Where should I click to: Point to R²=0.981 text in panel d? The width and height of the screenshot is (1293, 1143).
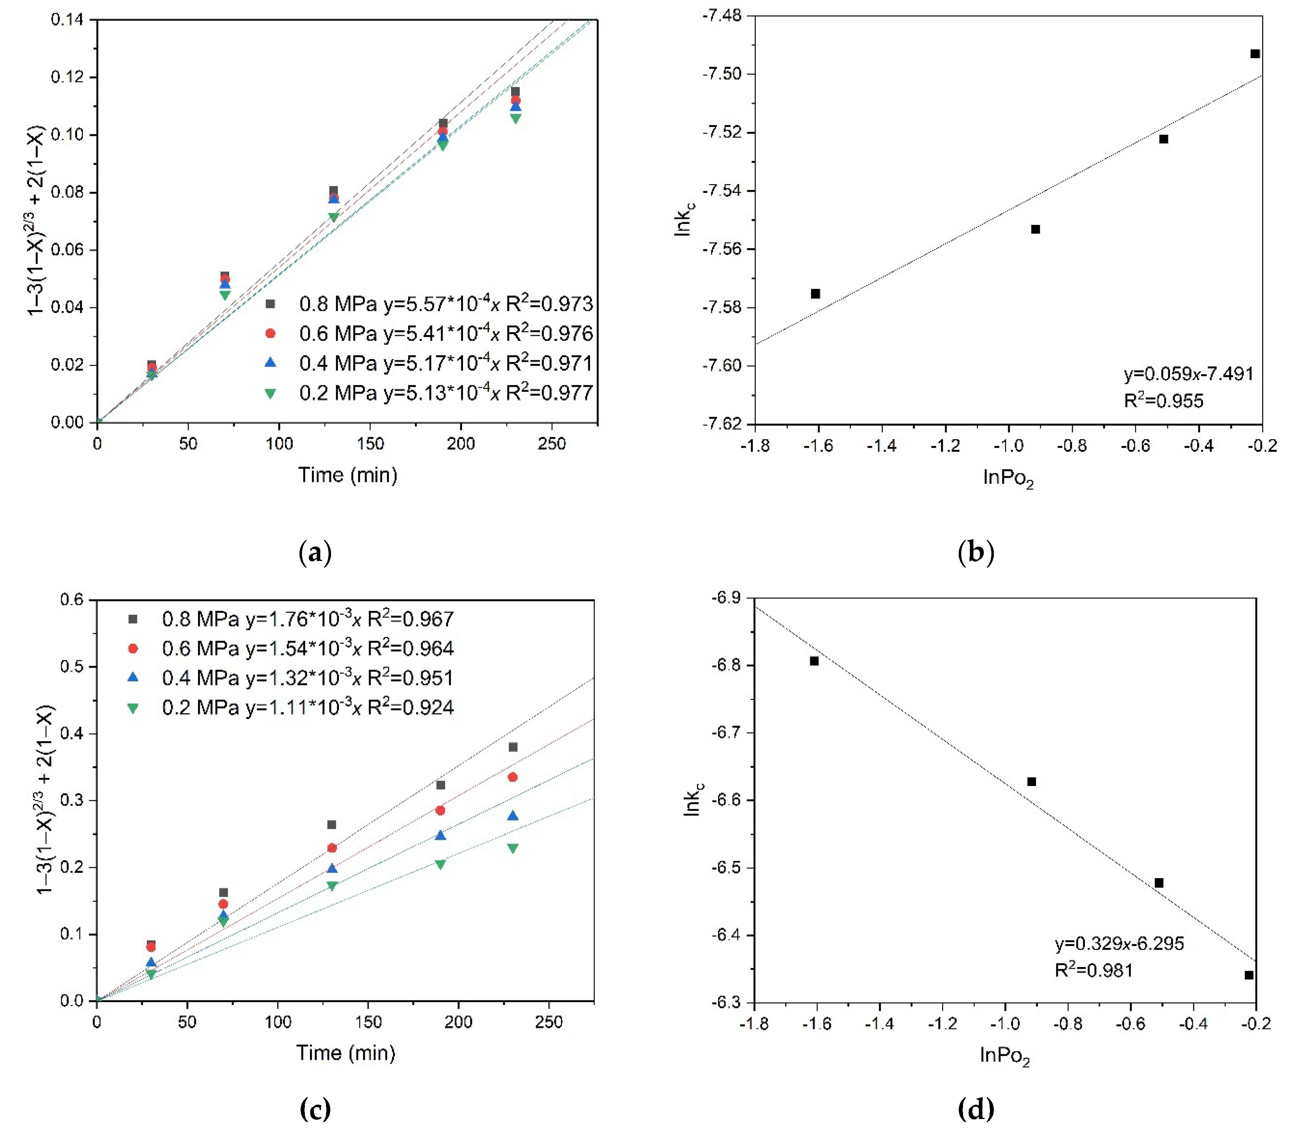tap(1094, 970)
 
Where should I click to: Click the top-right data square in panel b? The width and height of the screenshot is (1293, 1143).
tap(1255, 54)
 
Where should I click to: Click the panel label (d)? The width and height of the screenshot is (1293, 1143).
tap(976, 1109)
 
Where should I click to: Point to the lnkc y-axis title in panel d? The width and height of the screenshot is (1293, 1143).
tap(693, 799)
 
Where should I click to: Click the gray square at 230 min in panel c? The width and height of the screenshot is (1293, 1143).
tap(513, 747)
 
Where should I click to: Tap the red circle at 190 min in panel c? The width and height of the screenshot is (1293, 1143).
tap(440, 810)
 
